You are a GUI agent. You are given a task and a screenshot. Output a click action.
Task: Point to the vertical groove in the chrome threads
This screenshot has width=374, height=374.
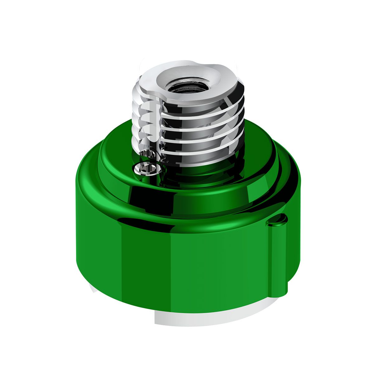point(157,125)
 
